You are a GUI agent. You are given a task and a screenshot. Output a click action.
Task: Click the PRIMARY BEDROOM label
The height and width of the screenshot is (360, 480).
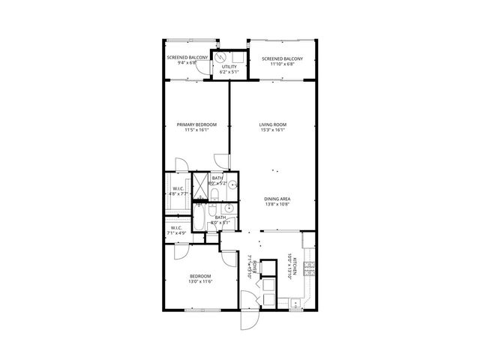[196, 124]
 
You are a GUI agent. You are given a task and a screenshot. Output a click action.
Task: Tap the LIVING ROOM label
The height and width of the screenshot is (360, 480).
[273, 124]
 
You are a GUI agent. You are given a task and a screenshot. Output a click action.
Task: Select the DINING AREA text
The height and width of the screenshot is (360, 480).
[277, 198]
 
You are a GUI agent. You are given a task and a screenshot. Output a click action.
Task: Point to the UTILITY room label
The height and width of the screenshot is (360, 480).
[229, 67]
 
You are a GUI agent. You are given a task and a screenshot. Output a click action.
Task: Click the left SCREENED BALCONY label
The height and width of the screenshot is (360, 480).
[187, 57]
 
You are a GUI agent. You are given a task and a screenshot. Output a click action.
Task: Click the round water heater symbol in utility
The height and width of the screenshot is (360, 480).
[221, 57]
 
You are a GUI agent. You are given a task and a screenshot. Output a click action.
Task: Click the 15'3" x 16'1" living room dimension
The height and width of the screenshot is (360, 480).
[273, 130]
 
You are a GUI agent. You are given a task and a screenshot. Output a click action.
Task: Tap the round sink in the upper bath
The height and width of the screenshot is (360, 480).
[233, 184]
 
